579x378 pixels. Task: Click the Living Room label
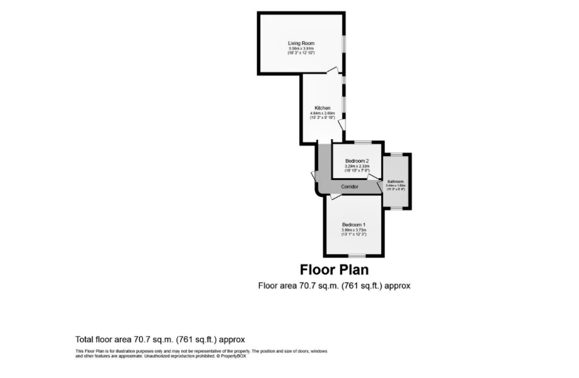(x=301, y=44)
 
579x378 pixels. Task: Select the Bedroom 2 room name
(x=357, y=161)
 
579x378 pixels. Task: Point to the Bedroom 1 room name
(x=354, y=225)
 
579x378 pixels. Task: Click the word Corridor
(x=349, y=186)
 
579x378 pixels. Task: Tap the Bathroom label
(x=395, y=182)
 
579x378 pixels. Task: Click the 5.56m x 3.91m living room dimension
(x=301, y=49)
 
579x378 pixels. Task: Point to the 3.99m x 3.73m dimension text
(x=354, y=230)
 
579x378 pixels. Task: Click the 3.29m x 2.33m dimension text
(x=357, y=166)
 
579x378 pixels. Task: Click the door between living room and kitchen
(x=334, y=71)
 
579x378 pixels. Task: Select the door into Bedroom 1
(x=335, y=196)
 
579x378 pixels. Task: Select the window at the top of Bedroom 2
(x=362, y=141)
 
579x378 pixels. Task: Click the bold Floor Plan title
(x=334, y=269)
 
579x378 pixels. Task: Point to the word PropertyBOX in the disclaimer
(x=234, y=356)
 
